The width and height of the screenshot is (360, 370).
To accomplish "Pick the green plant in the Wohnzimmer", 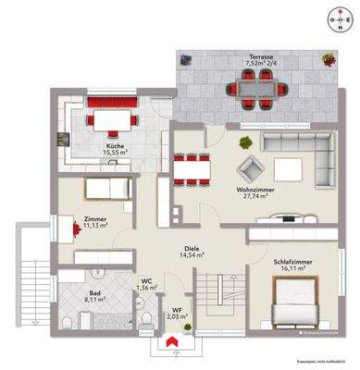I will tap(245, 142).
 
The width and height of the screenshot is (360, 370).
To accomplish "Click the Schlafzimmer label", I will tap(293, 263).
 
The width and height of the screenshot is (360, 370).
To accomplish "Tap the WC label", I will tap(146, 279).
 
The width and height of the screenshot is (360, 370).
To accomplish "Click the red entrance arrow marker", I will tap(169, 341).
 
